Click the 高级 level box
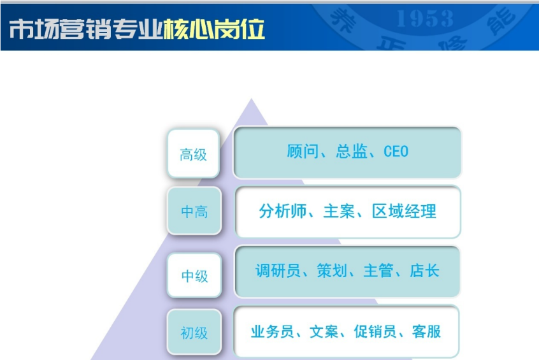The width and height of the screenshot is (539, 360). point(194,154)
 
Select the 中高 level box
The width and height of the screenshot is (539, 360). point(194,211)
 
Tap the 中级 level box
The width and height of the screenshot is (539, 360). point(194,275)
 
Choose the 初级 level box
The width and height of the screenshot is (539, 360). point(194,332)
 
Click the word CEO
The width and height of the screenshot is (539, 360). point(396,151)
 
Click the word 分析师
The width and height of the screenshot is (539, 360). point(283,211)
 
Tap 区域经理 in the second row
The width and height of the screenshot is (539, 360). point(404,211)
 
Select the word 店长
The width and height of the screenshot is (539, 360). point(424,271)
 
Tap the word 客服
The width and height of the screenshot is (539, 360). point(426,331)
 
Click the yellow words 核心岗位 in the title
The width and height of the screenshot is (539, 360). point(214,29)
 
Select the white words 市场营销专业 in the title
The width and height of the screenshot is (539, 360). point(86,29)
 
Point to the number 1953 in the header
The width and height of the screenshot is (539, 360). point(425,18)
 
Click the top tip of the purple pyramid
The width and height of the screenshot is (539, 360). point(251,99)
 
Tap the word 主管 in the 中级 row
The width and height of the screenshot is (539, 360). point(378,271)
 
